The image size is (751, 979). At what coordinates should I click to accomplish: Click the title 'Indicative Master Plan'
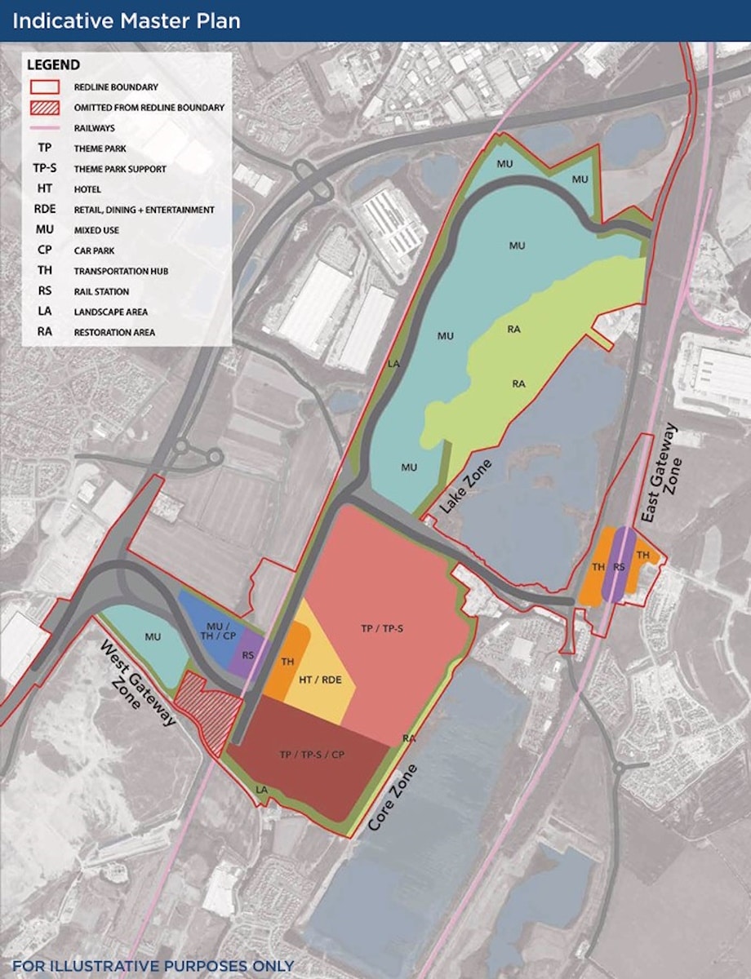click(x=127, y=20)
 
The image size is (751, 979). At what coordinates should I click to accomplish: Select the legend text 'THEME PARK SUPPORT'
click(x=120, y=169)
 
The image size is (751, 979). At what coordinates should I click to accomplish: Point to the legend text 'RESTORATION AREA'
click(x=114, y=332)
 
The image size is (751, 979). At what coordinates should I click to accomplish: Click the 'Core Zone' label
click(x=393, y=798)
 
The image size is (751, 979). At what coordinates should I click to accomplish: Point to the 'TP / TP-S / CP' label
click(x=312, y=754)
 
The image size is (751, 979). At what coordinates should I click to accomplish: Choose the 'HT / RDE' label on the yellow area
click(x=319, y=679)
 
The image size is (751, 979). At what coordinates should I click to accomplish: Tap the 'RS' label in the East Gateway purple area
click(x=620, y=566)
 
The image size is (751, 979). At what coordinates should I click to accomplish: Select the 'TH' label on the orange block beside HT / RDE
click(x=287, y=662)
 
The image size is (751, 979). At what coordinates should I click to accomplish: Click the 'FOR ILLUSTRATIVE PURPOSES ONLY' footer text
click(x=153, y=967)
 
